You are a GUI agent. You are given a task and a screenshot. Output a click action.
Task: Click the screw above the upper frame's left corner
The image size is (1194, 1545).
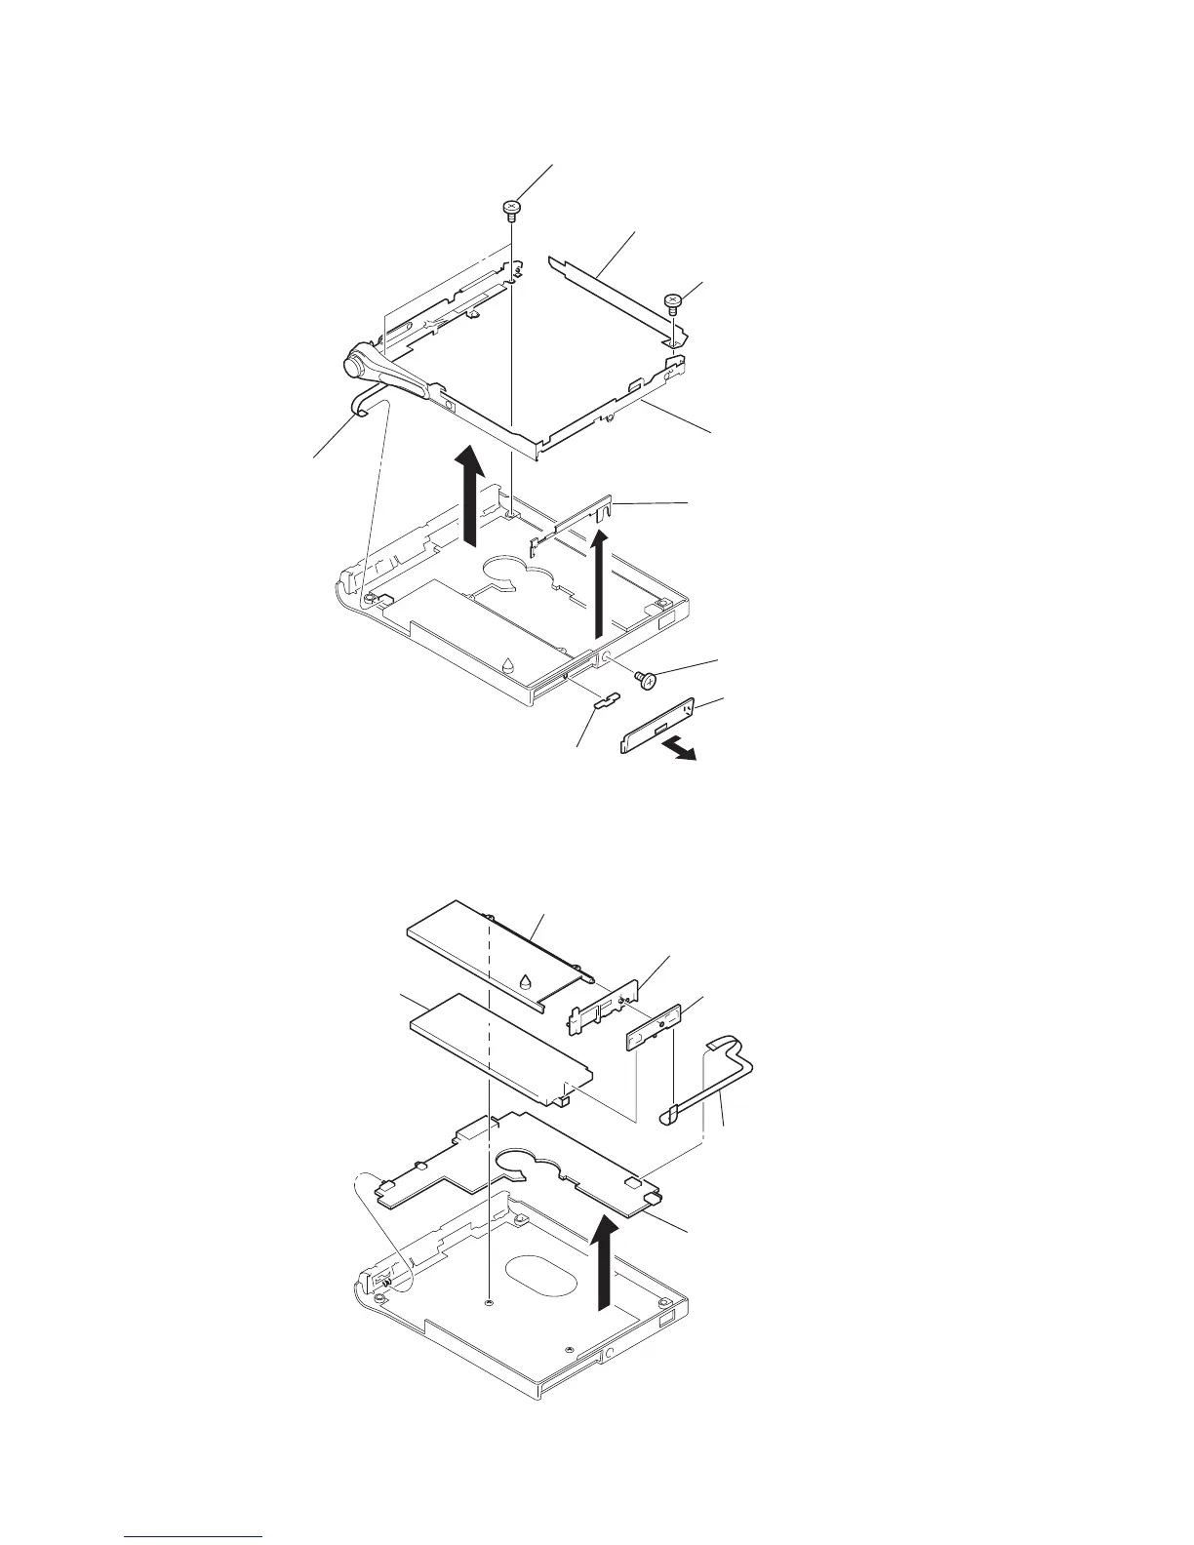pyautogui.click(x=511, y=208)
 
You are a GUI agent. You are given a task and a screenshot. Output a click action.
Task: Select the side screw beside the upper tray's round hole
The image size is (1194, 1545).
pyautogui.click(x=645, y=680)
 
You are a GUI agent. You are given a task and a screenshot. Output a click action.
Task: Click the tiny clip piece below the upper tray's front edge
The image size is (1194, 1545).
pyautogui.click(x=606, y=698)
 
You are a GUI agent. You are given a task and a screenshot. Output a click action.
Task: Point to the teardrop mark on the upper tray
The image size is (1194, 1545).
pyautogui.click(x=507, y=665)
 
